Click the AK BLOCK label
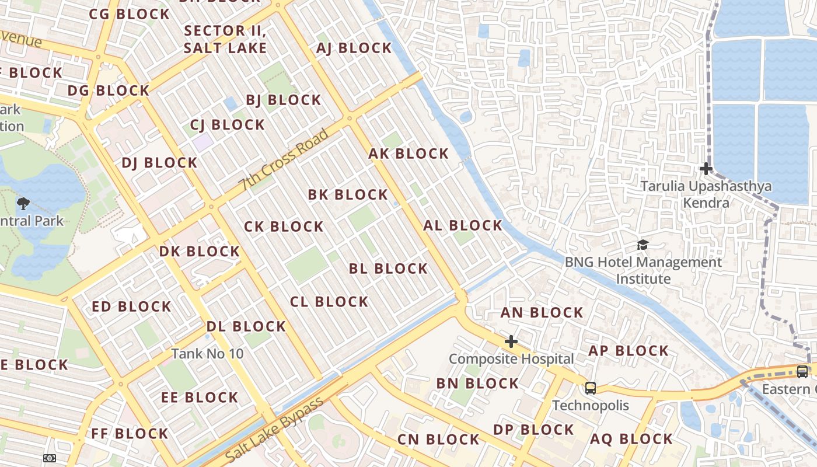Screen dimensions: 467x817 point(408,154)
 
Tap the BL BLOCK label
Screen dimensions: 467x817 point(388,269)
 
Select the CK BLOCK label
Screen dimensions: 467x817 point(284,226)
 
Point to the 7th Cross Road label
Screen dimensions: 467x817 point(284,161)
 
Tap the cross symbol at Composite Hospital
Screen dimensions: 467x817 point(511,341)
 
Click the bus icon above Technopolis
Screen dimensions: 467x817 point(591,388)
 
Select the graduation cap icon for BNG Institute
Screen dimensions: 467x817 point(643,245)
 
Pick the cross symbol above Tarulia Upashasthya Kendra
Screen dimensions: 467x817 point(706,169)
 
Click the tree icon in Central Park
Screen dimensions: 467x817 point(23,204)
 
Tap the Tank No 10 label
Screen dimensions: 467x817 point(207,354)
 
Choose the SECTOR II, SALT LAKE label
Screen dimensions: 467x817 point(225,39)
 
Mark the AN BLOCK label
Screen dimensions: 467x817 point(542,313)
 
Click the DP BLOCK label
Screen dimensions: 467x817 point(533,430)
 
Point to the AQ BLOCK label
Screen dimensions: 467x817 point(631,439)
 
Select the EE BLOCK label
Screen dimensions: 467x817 point(200,398)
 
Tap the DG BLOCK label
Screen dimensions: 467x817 point(109,90)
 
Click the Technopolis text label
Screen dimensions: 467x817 point(591,406)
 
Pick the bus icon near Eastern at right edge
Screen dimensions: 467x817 point(802,371)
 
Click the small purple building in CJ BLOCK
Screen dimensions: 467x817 point(203,142)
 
